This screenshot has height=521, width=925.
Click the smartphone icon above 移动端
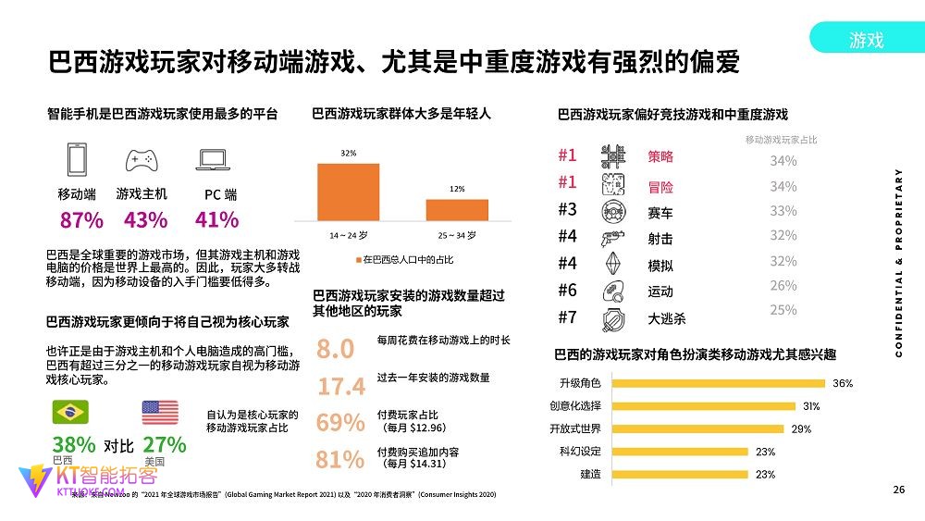pyautogui.click(x=77, y=159)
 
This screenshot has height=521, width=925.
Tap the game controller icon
pyautogui.click(x=142, y=160)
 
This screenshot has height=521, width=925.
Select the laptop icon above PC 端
pyautogui.click(x=215, y=160)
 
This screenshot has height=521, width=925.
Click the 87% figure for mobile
pyautogui.click(x=81, y=220)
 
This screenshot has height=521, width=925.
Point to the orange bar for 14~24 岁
pyautogui.click(x=348, y=192)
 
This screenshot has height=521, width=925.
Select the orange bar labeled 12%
pyautogui.click(x=457, y=209)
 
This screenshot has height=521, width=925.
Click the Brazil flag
pyautogui.click(x=70, y=412)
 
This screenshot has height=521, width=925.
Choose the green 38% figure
pyautogui.click(x=74, y=444)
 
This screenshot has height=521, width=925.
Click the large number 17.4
pyautogui.click(x=340, y=386)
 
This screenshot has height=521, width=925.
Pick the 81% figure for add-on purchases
pyautogui.click(x=340, y=459)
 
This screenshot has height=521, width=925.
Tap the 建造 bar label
pyautogui.click(x=590, y=474)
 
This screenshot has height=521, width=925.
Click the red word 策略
pyautogui.click(x=660, y=157)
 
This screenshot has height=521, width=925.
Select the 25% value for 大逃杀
pyautogui.click(x=783, y=310)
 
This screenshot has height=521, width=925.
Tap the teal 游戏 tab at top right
pyautogui.click(x=866, y=39)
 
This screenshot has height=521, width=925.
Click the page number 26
pyautogui.click(x=898, y=490)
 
